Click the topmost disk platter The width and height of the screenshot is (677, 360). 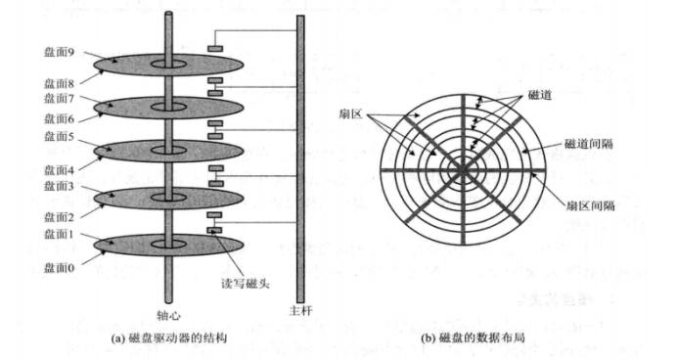click(x=171, y=65)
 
